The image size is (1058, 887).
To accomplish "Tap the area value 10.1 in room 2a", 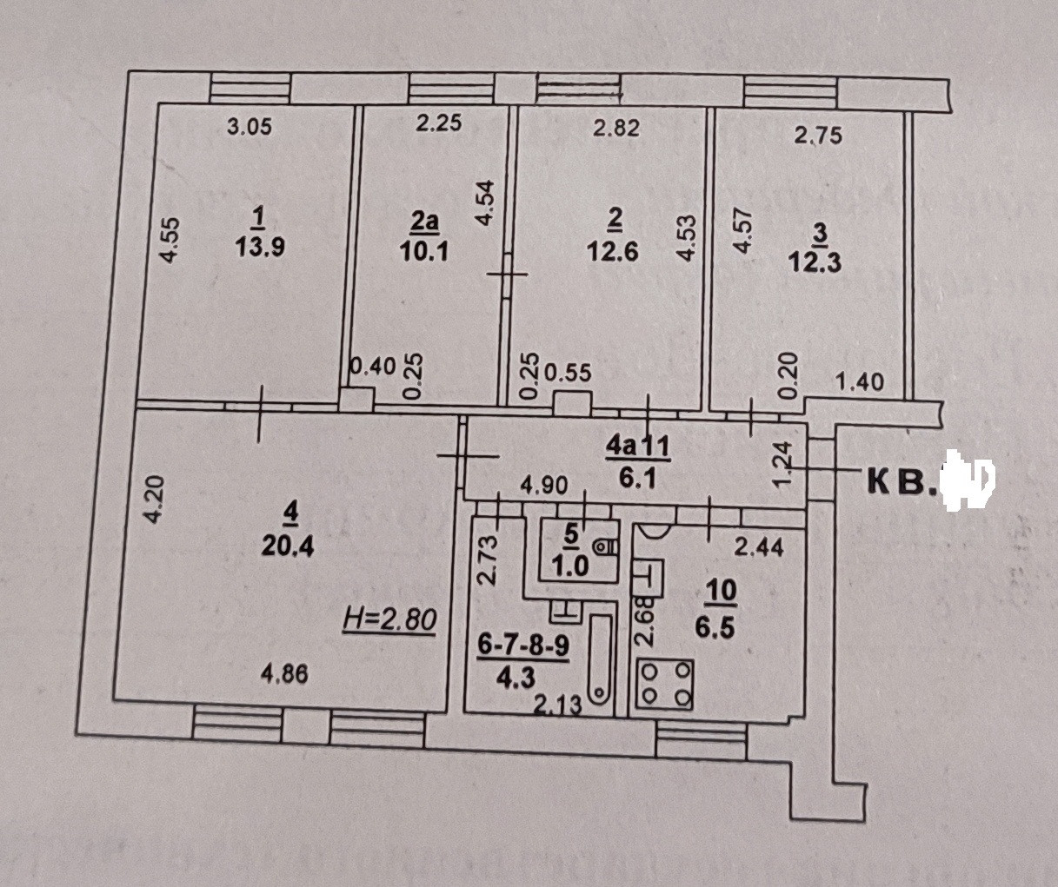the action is point(424,252).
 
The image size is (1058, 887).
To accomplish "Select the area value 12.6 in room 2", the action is point(615,252).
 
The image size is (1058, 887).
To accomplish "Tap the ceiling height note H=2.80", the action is point(389,619).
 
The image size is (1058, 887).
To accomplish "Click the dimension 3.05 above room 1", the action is point(250,127).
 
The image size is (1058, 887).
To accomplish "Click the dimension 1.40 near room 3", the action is point(859,381).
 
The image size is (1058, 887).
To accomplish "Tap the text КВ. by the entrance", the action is point(904,481).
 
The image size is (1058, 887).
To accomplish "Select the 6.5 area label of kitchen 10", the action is point(722,626).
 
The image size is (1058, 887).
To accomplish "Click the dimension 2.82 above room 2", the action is point(616,129).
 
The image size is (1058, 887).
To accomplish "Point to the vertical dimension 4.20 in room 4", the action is point(152,500).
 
